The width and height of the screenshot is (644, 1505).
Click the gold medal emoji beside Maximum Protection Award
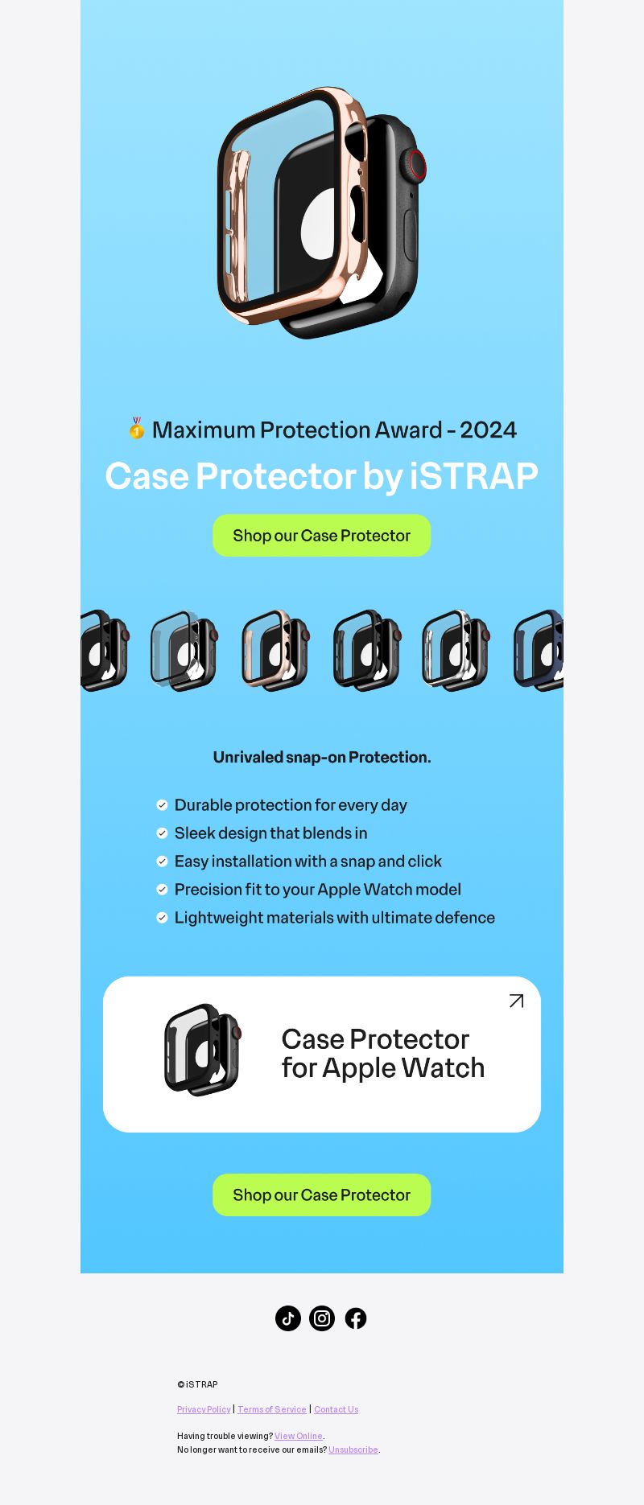tap(137, 429)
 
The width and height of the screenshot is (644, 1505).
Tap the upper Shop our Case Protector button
tap(322, 536)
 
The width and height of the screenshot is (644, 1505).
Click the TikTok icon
tap(288, 1318)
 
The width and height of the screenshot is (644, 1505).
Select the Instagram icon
tap(322, 1318)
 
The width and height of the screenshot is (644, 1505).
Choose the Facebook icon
tap(356, 1318)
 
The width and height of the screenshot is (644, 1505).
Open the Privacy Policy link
tap(204, 1409)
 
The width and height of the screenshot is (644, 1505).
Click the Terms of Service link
tap(272, 1409)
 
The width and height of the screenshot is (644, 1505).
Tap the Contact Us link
tap(336, 1409)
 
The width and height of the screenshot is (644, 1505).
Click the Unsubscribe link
tap(353, 1449)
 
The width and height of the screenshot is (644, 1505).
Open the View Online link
tap(299, 1436)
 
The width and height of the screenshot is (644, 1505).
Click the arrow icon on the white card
tap(517, 1001)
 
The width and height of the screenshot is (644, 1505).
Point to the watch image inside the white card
tap(203, 1050)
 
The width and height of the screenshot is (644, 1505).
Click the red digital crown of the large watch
tap(416, 165)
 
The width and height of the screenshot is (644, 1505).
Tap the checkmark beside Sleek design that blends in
tap(162, 833)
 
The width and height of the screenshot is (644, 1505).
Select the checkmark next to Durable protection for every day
tap(162, 805)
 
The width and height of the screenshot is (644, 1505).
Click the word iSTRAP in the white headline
tap(474, 476)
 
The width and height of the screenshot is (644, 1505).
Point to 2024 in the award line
tap(489, 430)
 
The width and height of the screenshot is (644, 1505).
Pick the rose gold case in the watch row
tap(275, 650)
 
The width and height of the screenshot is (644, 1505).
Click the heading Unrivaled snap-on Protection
tap(322, 757)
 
